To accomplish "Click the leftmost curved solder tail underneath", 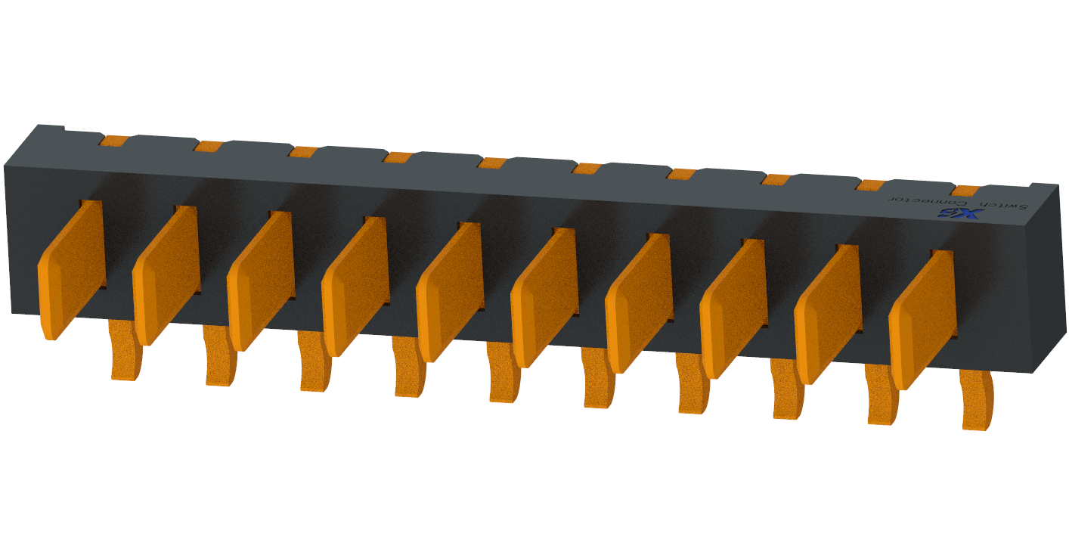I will [125, 352].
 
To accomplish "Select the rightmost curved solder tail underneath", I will [976, 401].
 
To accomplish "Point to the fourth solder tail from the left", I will [409, 369].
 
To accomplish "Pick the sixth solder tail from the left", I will [598, 380].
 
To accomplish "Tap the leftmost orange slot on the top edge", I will [114, 141].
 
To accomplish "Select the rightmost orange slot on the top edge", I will [965, 191].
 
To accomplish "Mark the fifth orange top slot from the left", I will [493, 163].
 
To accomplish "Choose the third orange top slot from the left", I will [303, 152].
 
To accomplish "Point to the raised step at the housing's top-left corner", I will [50, 132].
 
